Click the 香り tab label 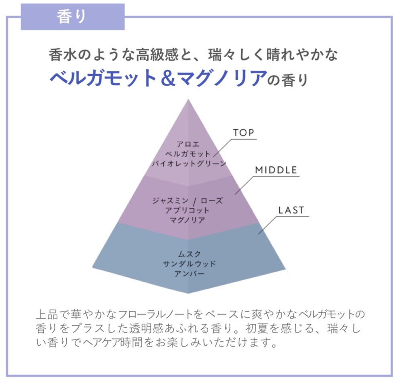pos(72,16)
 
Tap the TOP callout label pos(244,133)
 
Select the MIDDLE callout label pos(276,170)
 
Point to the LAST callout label pos(291,210)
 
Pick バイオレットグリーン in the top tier pos(188,164)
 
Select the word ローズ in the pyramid pos(212,200)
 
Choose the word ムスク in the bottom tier pos(188,254)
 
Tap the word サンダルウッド pos(188,264)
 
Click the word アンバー pos(188,274)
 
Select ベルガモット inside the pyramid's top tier pos(188,154)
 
